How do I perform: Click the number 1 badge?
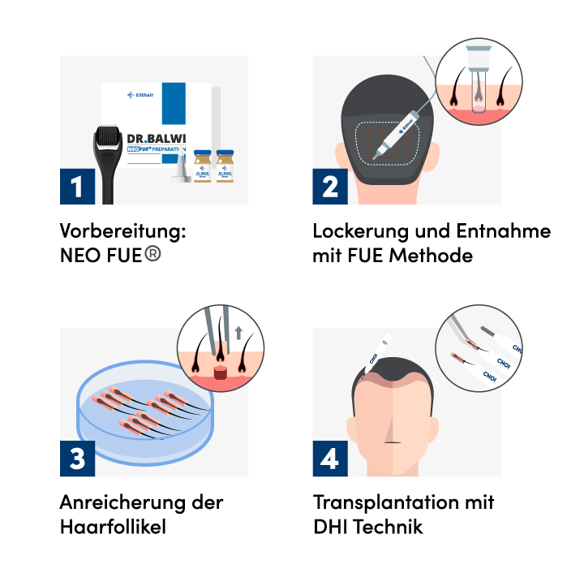[x=77, y=187]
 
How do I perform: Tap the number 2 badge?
[x=330, y=187]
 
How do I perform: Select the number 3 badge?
[x=77, y=459]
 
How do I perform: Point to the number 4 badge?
[x=330, y=459]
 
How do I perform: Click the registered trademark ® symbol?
[x=152, y=253]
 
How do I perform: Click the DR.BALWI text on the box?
[x=157, y=138]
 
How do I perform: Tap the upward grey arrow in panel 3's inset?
[x=238, y=334]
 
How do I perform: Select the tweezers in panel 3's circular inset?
[x=213, y=333]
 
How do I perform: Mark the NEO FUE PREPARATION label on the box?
[x=157, y=151]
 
